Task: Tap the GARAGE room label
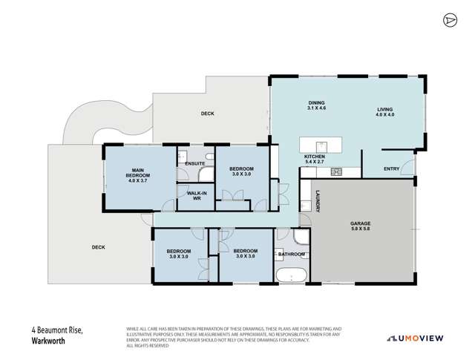click(361, 226)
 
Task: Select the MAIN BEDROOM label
click(139, 174)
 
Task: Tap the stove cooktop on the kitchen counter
click(335, 172)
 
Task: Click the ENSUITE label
click(195, 163)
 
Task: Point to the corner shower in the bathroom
click(301, 238)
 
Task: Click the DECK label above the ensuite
click(208, 114)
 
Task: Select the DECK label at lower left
click(98, 247)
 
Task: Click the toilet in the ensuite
click(183, 158)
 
